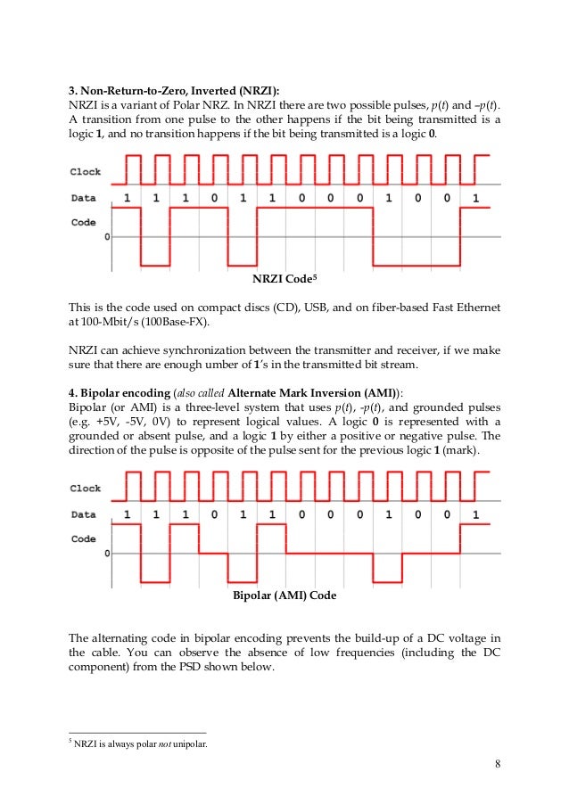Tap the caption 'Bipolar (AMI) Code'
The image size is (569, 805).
[284, 595]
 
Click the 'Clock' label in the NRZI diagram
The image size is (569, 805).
[86, 172]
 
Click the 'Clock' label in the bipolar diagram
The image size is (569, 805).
[86, 489]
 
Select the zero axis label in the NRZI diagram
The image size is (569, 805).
[108, 237]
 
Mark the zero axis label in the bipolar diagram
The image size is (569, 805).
[108, 554]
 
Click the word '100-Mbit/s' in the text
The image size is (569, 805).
[111, 322]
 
